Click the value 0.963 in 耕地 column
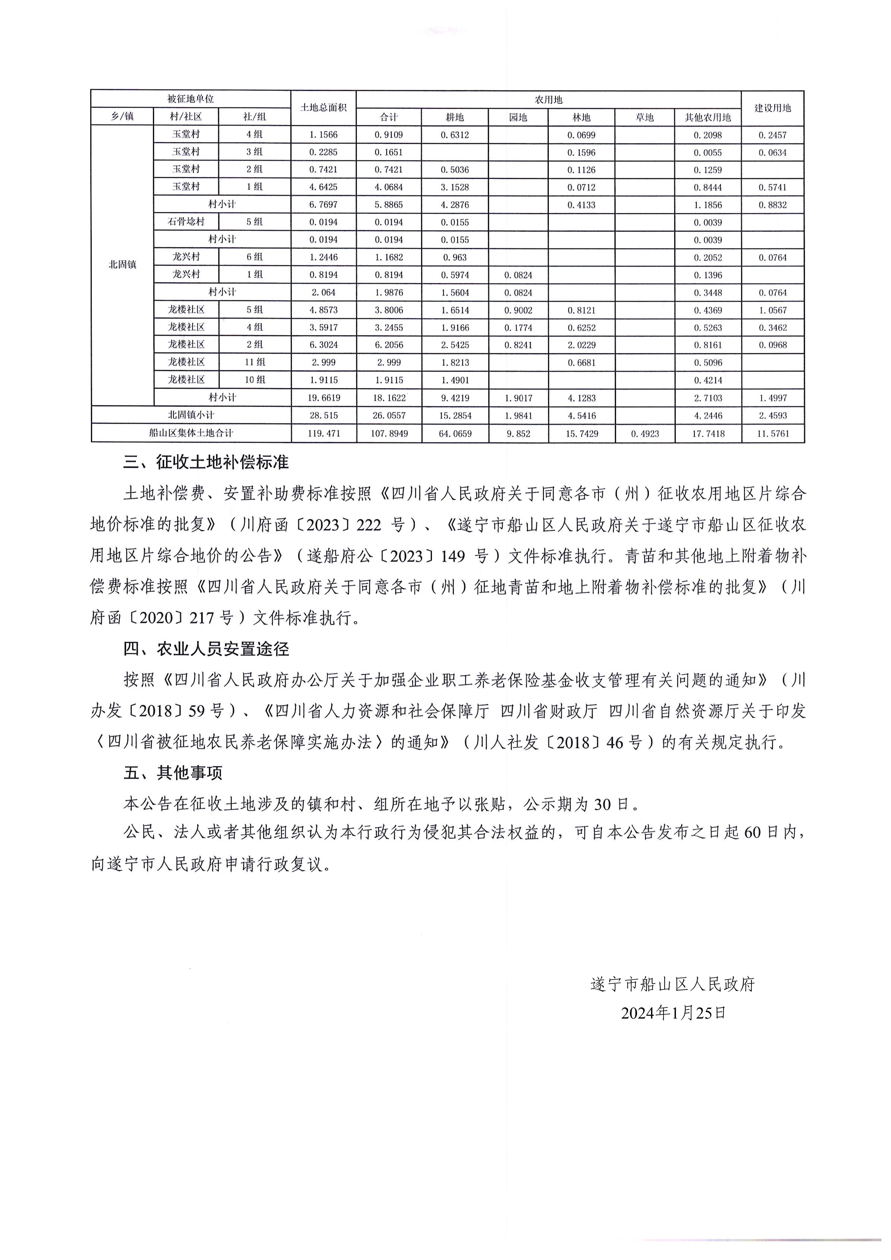coord(455,257)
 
